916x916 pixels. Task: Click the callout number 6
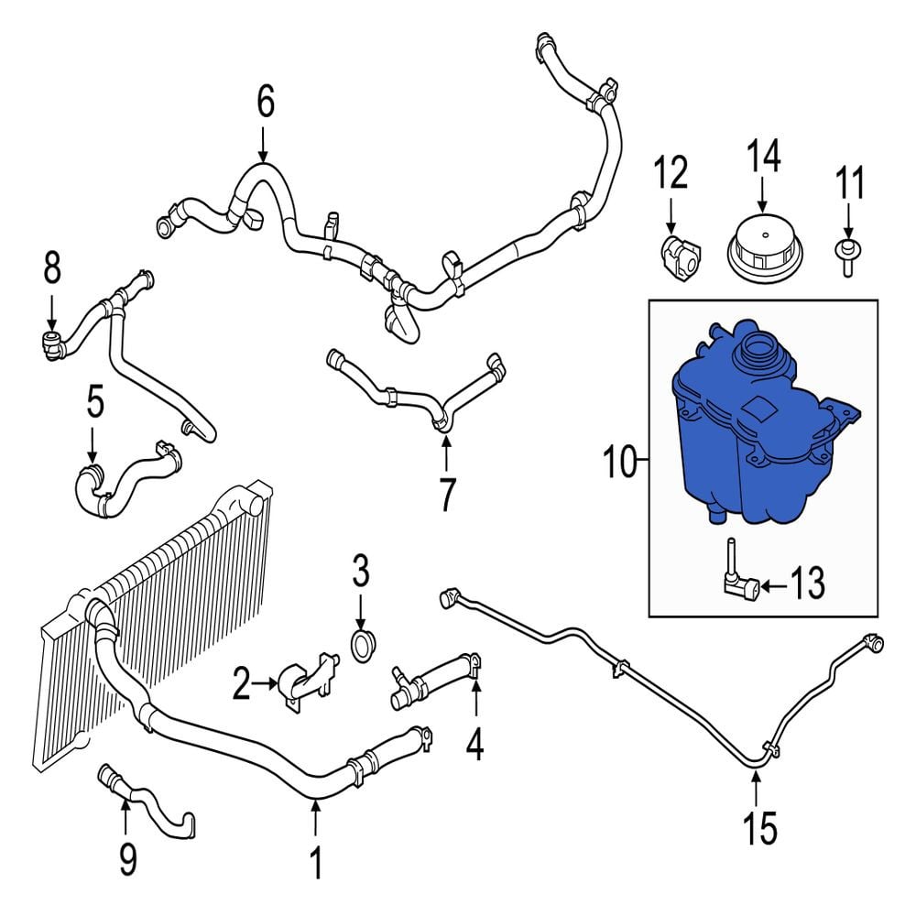(266, 102)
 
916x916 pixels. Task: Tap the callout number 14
(763, 156)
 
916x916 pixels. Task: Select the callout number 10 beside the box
(620, 461)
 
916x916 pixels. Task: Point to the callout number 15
(760, 827)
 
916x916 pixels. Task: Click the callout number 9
(127, 859)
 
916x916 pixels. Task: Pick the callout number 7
(446, 495)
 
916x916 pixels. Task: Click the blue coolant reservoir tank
(761, 420)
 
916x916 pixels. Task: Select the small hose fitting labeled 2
(308, 681)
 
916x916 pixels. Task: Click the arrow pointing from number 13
(774, 584)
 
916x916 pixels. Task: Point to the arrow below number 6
(264, 144)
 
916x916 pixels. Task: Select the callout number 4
(474, 744)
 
